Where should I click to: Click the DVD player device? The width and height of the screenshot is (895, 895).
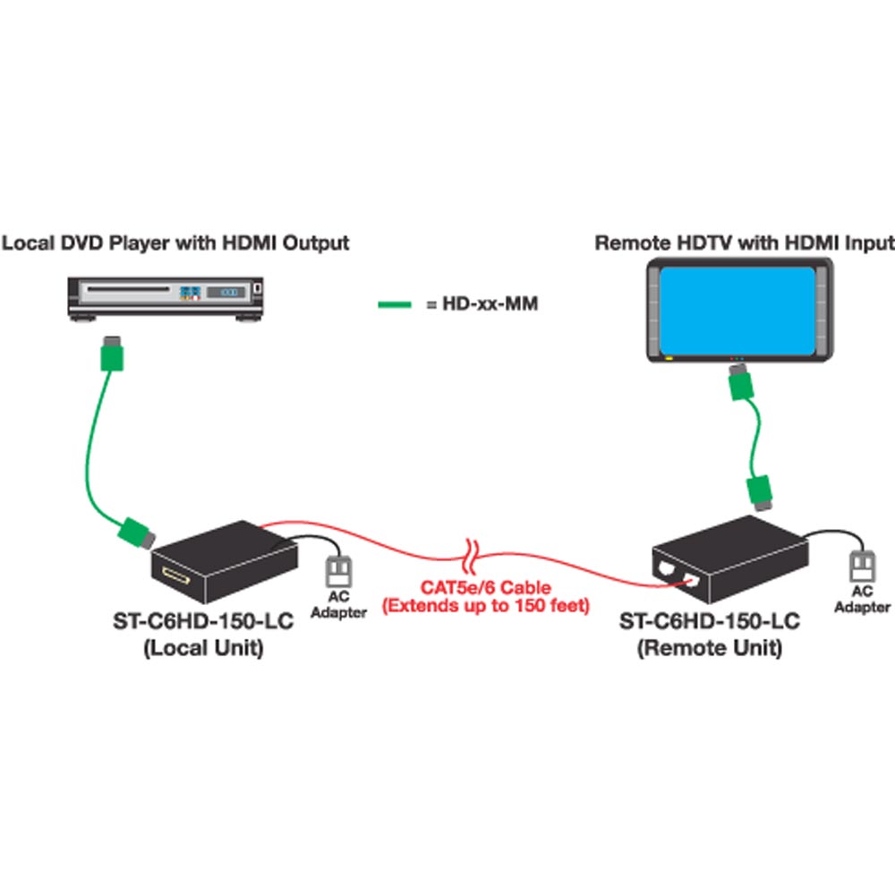point(166,299)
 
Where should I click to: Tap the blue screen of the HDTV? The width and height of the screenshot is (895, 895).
point(737,311)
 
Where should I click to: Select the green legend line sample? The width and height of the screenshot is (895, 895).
point(395,304)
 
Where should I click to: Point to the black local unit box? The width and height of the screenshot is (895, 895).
point(225,562)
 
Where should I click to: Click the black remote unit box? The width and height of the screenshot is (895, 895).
point(730,558)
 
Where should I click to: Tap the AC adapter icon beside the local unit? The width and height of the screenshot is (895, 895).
point(338,572)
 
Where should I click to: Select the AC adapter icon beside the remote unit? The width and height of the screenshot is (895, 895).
point(862,567)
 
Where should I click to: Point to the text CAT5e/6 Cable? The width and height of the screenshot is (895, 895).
point(486,587)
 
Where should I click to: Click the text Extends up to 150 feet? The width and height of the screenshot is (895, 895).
point(486,606)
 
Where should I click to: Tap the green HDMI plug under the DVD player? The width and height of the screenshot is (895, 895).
point(112,354)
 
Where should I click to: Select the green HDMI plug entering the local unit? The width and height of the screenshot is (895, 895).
point(137,533)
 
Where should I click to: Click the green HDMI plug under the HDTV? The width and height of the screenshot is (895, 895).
point(741,382)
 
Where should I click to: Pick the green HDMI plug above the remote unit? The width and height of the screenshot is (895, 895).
point(760,492)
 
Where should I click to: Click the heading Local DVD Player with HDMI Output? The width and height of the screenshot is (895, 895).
point(175,243)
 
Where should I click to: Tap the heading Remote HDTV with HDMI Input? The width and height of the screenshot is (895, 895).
point(745,243)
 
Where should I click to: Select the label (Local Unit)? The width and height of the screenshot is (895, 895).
point(203,648)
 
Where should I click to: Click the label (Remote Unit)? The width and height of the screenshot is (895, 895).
point(710,648)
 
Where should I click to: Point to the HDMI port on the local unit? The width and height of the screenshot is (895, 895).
point(175,575)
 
